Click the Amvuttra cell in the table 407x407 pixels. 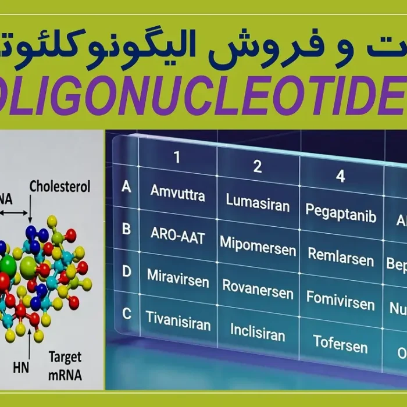click(x=177, y=193)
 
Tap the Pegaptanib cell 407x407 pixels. click(x=341, y=213)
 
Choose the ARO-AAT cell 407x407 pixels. click(x=177, y=234)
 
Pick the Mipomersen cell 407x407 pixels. click(x=258, y=247)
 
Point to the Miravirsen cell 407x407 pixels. click(x=177, y=278)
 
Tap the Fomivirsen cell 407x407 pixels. click(x=341, y=299)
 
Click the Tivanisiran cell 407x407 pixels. click(x=177, y=320)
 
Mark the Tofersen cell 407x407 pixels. click(x=341, y=343)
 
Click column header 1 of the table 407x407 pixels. click(x=177, y=157)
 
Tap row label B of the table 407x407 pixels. click(x=126, y=229)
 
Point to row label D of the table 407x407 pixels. click(x=126, y=272)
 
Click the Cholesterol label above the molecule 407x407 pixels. click(x=60, y=187)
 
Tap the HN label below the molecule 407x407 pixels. click(x=21, y=367)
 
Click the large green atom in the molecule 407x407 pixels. click(x=8, y=266)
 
